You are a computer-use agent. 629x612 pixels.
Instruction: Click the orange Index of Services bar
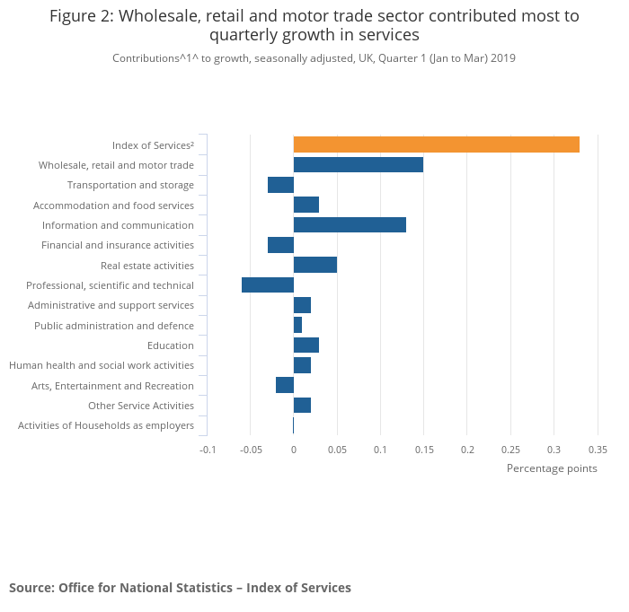click(x=436, y=144)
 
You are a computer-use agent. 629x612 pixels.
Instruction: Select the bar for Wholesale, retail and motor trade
click(x=358, y=165)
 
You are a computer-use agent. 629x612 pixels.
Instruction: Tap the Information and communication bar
click(x=350, y=225)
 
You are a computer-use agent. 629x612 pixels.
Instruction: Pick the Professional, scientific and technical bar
click(x=268, y=285)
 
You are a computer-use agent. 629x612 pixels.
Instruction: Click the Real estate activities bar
click(x=314, y=266)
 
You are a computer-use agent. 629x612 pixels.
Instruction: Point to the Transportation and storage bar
click(x=280, y=185)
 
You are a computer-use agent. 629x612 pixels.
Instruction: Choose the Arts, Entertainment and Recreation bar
click(x=284, y=386)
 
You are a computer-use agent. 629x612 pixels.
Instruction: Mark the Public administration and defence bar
click(x=297, y=326)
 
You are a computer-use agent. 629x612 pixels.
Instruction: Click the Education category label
click(x=171, y=345)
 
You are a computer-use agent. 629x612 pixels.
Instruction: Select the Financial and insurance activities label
click(x=118, y=245)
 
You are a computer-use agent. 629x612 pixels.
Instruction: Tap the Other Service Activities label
click(x=141, y=406)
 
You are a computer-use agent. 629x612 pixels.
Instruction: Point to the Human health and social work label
click(x=102, y=365)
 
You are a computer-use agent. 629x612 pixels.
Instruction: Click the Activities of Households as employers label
click(x=106, y=425)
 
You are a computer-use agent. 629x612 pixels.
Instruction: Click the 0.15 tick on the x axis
click(x=423, y=450)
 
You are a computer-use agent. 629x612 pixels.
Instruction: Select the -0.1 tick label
click(x=208, y=450)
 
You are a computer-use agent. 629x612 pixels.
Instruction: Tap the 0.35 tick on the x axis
click(x=598, y=450)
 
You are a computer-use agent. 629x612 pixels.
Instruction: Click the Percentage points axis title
click(x=552, y=468)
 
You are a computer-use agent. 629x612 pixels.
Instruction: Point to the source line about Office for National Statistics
click(x=180, y=588)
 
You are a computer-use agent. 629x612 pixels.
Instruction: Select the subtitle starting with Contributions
click(x=314, y=58)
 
